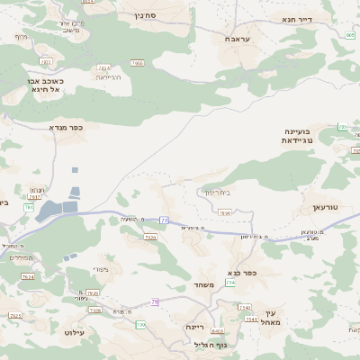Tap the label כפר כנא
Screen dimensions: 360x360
[x=245, y=274]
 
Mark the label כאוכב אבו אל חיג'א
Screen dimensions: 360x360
[x=41, y=85]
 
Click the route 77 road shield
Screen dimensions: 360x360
[x=165, y=220]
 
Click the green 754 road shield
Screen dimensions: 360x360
[x=229, y=283]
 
